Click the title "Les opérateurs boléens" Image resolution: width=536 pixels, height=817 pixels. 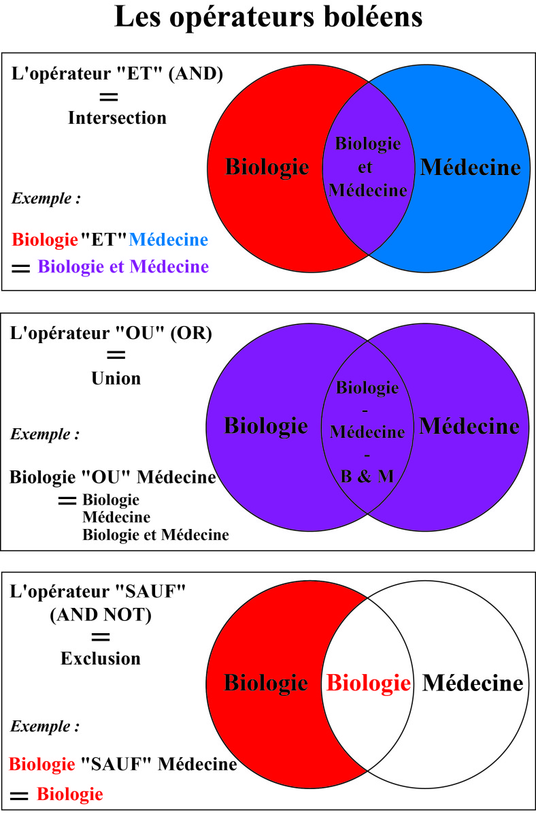pos(268,17)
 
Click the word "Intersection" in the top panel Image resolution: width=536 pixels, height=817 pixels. pos(117,118)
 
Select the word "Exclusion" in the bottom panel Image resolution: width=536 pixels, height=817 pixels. pos(101,658)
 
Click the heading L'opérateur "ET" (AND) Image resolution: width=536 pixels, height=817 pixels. pos(117,73)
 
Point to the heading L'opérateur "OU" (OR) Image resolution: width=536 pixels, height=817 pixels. pos(112,333)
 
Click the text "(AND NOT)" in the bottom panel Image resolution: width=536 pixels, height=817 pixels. pos(101,615)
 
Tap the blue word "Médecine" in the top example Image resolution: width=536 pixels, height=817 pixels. pos(168,240)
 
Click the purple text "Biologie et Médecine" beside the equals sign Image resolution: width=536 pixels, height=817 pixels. pos(123,267)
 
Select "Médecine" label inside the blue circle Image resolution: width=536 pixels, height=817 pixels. pos(471,167)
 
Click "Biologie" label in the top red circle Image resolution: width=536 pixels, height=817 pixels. pos(267,167)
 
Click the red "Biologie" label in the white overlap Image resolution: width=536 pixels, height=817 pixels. pos(368,682)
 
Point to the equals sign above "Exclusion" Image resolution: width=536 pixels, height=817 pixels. pos(101,637)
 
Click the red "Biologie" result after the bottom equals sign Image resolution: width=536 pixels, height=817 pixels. pos(69,794)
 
